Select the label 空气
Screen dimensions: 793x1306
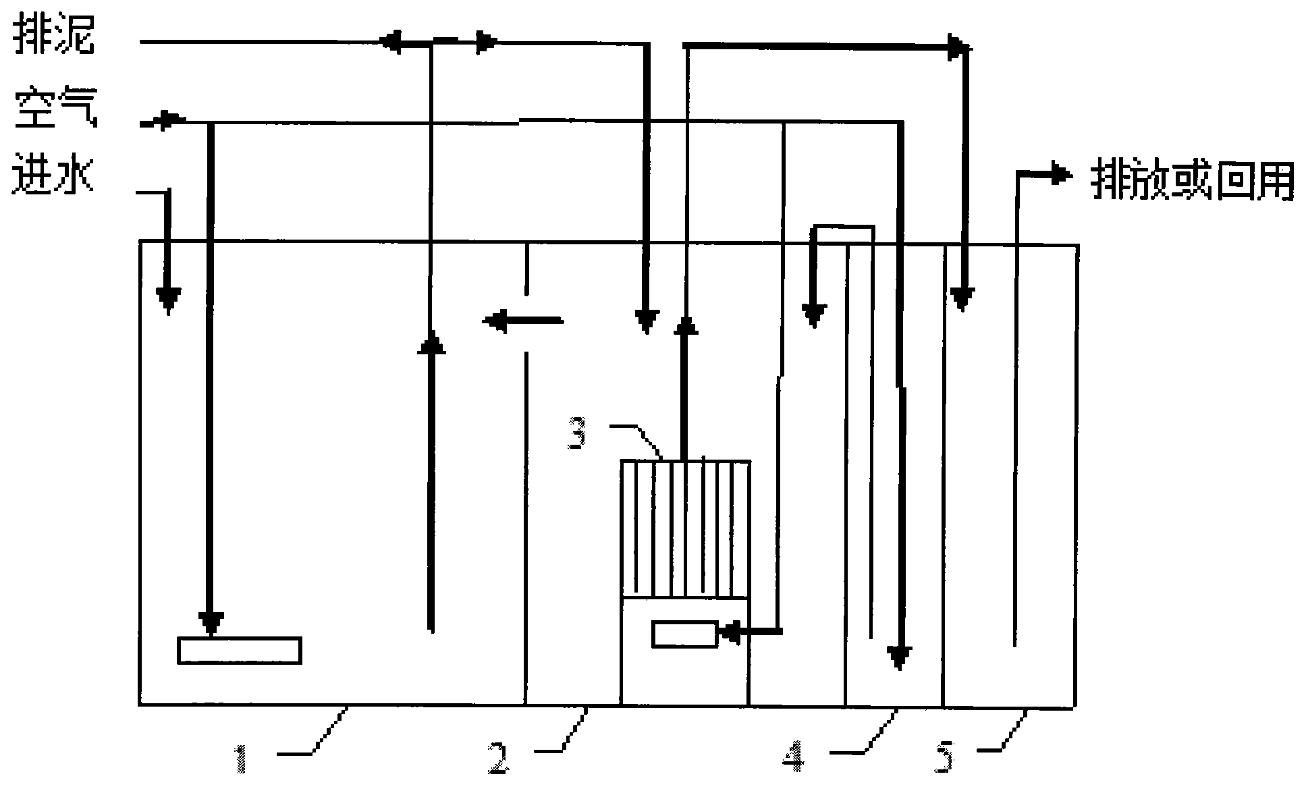[x=55, y=109]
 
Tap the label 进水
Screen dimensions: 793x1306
[x=53, y=177]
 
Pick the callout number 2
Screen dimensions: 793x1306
[x=499, y=757]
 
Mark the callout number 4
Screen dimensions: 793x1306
[x=794, y=757]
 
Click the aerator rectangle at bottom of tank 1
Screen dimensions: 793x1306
[x=239, y=650]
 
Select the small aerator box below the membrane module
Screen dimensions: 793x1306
[x=684, y=634]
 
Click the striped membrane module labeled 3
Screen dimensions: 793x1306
[x=685, y=528]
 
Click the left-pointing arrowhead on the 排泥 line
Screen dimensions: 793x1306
[x=391, y=43]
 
